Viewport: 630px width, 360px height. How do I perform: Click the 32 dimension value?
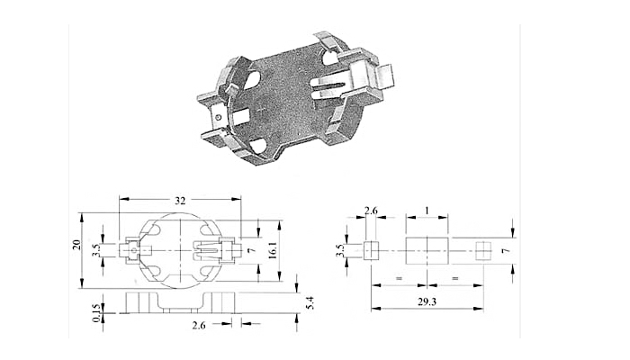click(180, 199)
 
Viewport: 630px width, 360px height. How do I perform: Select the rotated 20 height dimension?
click(76, 244)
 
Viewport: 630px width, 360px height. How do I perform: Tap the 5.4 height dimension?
click(310, 302)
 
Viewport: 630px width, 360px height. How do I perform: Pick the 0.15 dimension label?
click(96, 312)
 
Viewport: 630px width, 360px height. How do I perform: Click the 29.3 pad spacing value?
click(427, 301)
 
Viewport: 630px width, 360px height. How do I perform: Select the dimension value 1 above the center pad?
click(427, 211)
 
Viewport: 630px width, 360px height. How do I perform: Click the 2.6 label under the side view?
click(199, 325)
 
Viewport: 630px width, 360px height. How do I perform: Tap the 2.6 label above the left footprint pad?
click(371, 210)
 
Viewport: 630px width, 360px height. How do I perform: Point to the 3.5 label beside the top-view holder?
click(95, 250)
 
